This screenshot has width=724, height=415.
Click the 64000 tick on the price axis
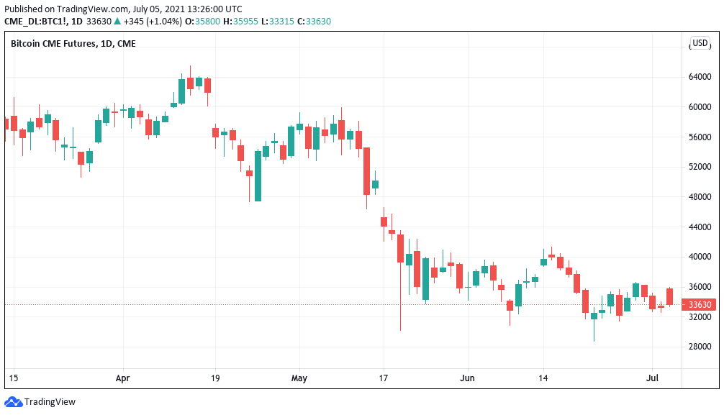tap(700, 77)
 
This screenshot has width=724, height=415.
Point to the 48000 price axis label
tap(700, 196)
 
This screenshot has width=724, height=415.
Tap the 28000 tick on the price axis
tap(700, 346)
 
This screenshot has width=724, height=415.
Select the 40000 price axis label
tap(700, 257)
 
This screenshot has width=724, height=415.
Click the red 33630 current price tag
tap(700, 304)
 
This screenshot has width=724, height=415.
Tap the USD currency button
tap(700, 43)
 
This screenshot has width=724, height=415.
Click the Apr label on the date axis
tap(122, 377)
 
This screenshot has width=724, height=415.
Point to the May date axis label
tap(299, 377)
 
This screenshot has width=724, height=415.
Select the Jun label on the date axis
tap(468, 377)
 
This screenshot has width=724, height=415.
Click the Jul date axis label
tap(653, 377)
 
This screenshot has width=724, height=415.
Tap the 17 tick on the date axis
tap(384, 377)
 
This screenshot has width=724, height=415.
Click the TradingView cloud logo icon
tap(13, 402)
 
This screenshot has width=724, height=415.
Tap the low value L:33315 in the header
tap(278, 21)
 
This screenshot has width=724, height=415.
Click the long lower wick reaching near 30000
tap(400, 302)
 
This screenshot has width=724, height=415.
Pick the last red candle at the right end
tap(669, 296)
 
